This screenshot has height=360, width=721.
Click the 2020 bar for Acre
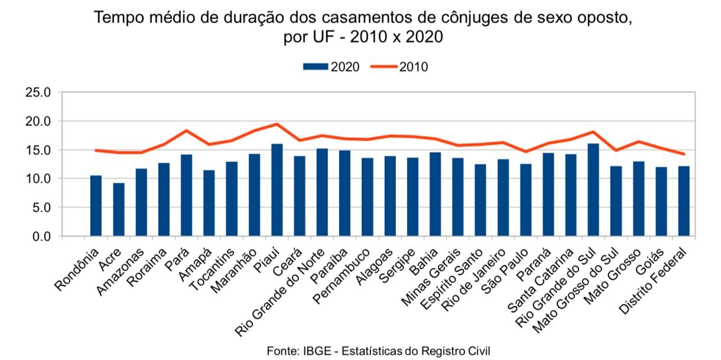(x=119, y=210)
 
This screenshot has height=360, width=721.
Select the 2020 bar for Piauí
(x=277, y=190)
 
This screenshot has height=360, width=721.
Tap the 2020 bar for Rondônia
(x=96, y=206)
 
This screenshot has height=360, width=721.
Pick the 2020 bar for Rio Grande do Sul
(x=593, y=190)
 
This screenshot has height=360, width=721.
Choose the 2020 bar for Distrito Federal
(x=684, y=202)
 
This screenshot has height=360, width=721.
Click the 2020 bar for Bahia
(x=434, y=194)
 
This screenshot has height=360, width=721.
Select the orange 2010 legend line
(x=384, y=67)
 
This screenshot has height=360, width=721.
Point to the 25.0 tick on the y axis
(x=40, y=93)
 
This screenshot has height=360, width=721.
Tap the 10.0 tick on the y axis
(x=40, y=179)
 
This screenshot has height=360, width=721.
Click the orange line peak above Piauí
(x=277, y=124)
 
